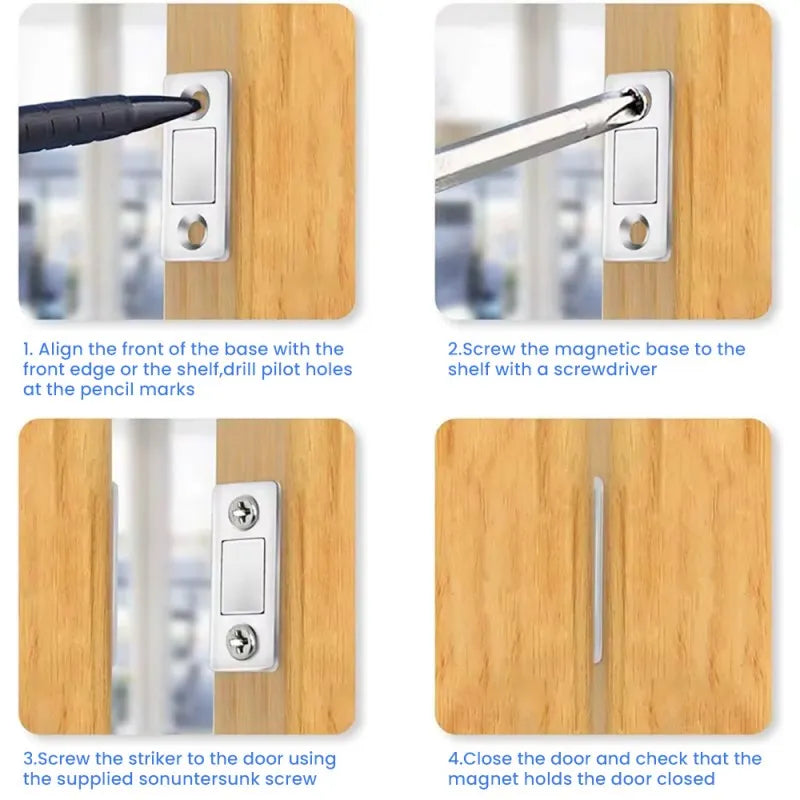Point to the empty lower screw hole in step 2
click(633, 231)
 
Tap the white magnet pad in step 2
click(634, 166)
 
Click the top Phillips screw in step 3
click(244, 513)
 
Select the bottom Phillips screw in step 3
click(244, 640)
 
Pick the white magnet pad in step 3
click(244, 577)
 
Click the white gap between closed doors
click(597, 570)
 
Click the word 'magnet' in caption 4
click(479, 779)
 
